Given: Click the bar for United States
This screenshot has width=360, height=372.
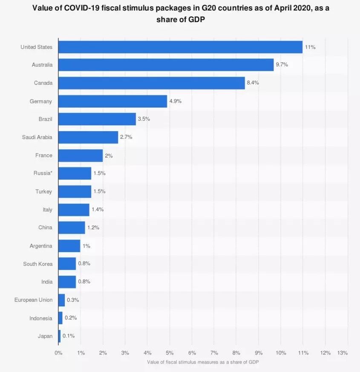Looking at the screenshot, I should click(x=180, y=47).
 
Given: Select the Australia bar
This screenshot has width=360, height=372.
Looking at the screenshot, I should click(x=166, y=65).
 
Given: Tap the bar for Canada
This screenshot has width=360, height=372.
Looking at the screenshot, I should click(x=151, y=83).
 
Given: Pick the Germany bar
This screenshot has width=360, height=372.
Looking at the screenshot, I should click(x=112, y=101).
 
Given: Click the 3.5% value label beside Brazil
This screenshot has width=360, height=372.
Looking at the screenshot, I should click(x=144, y=119).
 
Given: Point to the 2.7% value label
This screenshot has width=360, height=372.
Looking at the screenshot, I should click(x=126, y=137).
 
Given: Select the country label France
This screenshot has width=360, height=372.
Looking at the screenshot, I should click(x=44, y=156).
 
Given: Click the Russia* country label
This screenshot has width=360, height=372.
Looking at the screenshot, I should click(x=43, y=173).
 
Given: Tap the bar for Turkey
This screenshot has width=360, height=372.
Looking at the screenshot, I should click(x=75, y=192).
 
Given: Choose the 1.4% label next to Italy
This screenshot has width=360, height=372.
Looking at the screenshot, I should click(x=98, y=210).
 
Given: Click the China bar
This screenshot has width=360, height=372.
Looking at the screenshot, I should click(x=72, y=228).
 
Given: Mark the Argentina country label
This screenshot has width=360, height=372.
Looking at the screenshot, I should click(x=41, y=246).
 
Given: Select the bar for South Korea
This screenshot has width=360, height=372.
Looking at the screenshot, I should click(x=67, y=264).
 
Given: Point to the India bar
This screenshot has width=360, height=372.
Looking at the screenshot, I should click(x=67, y=282).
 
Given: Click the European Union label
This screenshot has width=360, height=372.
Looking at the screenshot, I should click(x=34, y=300).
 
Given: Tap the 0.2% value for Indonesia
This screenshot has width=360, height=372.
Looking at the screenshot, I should click(x=71, y=318).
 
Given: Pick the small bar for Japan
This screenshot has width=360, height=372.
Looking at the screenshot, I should click(x=59, y=336).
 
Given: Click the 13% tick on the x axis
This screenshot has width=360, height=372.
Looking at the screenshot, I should click(x=343, y=353).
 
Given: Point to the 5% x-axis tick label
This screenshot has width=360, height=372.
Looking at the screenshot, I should click(x=170, y=353).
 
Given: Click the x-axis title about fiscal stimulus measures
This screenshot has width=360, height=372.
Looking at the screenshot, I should click(x=203, y=362).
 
